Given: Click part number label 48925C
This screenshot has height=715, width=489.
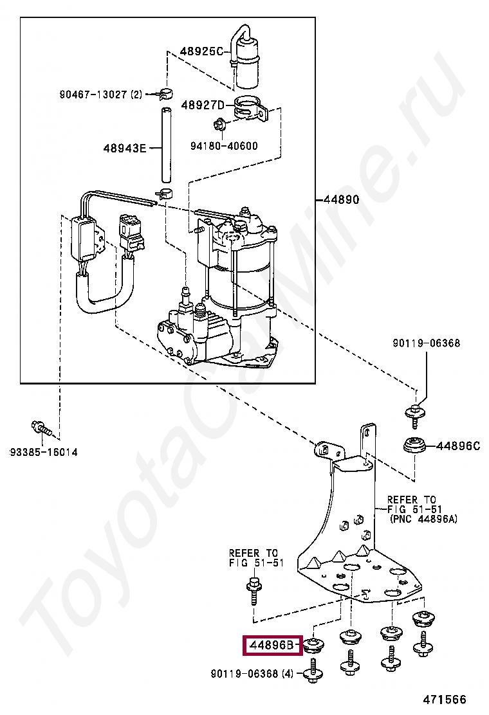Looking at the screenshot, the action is tap(201, 51).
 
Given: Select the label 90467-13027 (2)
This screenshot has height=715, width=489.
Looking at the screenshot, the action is tap(101, 95).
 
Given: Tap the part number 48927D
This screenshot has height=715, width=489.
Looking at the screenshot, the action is tap(203, 105).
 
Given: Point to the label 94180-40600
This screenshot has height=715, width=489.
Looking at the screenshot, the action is tap(224, 146).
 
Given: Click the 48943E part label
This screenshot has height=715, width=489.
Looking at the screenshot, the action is tap(125, 148).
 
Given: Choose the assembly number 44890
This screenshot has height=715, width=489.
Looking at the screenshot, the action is tap(341, 199).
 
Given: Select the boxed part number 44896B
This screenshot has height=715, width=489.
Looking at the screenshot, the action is tap(272, 645).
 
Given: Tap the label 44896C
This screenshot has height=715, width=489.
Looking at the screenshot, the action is tap(458, 446).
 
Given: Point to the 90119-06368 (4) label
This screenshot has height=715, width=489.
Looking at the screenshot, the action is tap(252, 673).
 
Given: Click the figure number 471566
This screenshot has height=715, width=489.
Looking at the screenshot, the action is tap(445, 700).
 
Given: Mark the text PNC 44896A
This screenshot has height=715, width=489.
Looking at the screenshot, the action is tap(424, 519).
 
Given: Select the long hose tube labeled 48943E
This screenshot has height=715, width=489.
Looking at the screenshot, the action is tap(166, 145).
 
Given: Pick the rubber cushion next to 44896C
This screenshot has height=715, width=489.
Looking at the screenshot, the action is tap(414, 445).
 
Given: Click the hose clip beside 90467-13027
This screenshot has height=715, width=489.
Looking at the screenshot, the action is tap(165, 94).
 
